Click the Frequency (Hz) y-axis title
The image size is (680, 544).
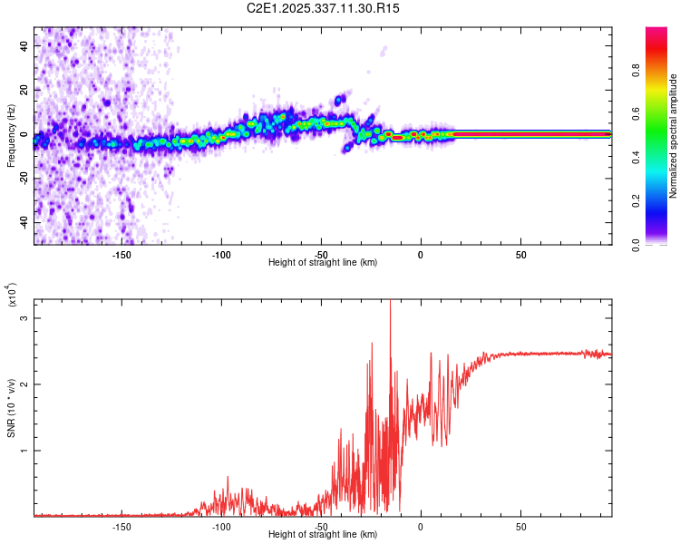(x=11, y=136)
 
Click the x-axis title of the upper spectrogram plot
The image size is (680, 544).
(x=323, y=262)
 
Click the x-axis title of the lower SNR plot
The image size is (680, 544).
(x=323, y=534)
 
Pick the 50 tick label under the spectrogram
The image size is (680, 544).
(x=520, y=253)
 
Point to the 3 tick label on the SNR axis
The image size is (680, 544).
(x=25, y=318)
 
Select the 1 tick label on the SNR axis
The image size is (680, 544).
(x=25, y=450)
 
